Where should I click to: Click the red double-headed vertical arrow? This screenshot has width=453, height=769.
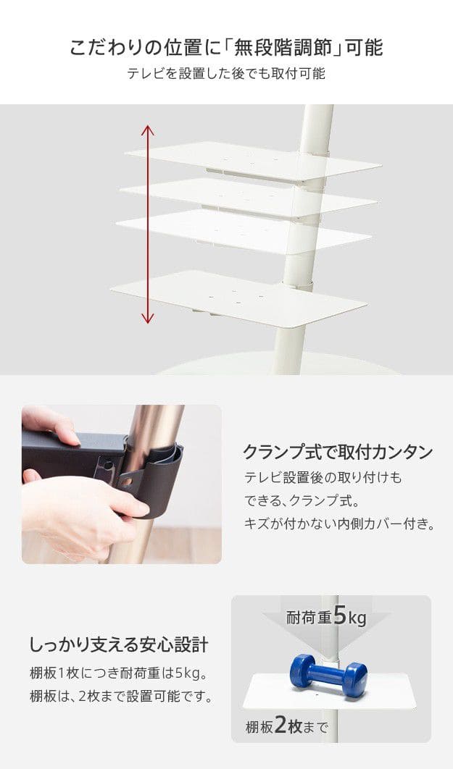[x=147, y=224]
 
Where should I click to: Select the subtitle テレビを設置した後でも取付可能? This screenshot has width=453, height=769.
[x=226, y=74]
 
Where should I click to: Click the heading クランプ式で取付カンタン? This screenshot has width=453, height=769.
[x=338, y=452]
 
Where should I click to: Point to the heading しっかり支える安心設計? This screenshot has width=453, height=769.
[x=120, y=644]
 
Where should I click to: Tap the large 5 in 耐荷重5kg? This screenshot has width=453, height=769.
[x=340, y=615]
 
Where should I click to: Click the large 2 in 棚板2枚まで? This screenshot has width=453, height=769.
[x=280, y=725]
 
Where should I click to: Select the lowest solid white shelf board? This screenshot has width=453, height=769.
[x=238, y=299]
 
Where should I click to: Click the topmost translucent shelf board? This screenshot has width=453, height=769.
[x=253, y=161]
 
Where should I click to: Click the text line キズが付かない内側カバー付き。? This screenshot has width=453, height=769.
[x=340, y=524]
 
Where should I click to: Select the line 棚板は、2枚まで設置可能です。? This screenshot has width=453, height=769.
[x=121, y=696]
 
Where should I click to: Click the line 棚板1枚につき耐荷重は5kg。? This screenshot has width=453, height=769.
[x=118, y=673]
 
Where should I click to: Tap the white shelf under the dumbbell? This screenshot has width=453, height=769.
[x=329, y=692]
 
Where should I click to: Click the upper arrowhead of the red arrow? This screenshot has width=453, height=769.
[x=147, y=130]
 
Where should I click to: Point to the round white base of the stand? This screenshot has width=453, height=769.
[x=280, y=364]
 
